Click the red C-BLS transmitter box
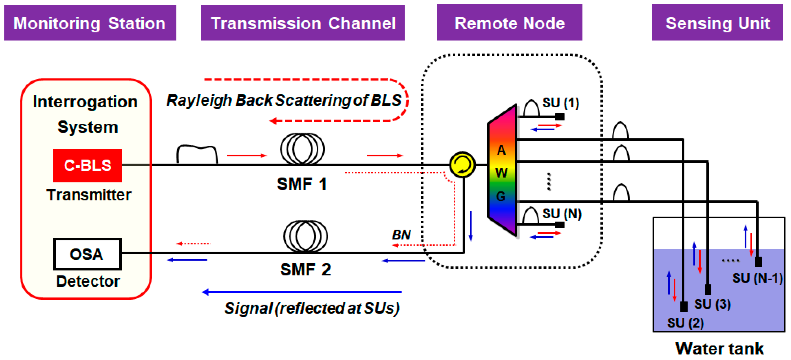[x=87, y=165]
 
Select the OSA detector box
[x=87, y=254]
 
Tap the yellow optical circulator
[x=462, y=165]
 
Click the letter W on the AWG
[x=501, y=173]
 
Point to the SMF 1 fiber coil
[x=302, y=149]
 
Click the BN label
[x=401, y=235]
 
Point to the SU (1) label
[x=561, y=103]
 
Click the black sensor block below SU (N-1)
[x=758, y=262]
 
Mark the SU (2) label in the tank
[x=685, y=323]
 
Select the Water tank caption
[x=719, y=349]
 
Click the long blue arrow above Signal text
[x=302, y=292]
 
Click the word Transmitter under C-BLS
[x=89, y=195]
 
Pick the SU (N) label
[x=562, y=214]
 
